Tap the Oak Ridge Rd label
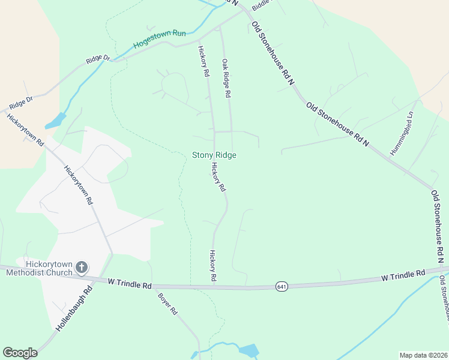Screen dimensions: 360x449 [x=226, y=79]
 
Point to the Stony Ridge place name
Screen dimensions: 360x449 [x=214, y=155]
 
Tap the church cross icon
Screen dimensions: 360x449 [x=82, y=267]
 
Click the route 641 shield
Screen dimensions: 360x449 [x=282, y=287]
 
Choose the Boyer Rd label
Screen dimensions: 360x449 [x=168, y=304]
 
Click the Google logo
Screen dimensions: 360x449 [x=20, y=353]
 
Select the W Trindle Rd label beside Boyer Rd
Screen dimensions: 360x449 [x=129, y=283]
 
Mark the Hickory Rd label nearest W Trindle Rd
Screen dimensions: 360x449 [x=212, y=266]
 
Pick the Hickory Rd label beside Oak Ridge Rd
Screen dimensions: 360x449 [x=204, y=62]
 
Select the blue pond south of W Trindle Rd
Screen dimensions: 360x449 [x=248, y=350]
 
